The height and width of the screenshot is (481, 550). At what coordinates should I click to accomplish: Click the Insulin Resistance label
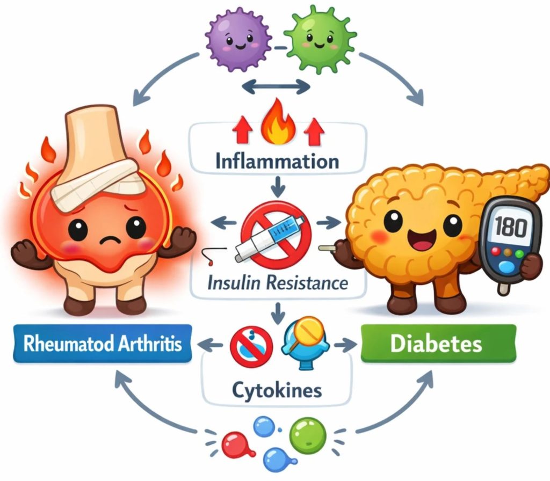[x=278, y=281]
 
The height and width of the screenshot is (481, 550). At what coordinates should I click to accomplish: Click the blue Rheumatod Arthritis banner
[x=102, y=344]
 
